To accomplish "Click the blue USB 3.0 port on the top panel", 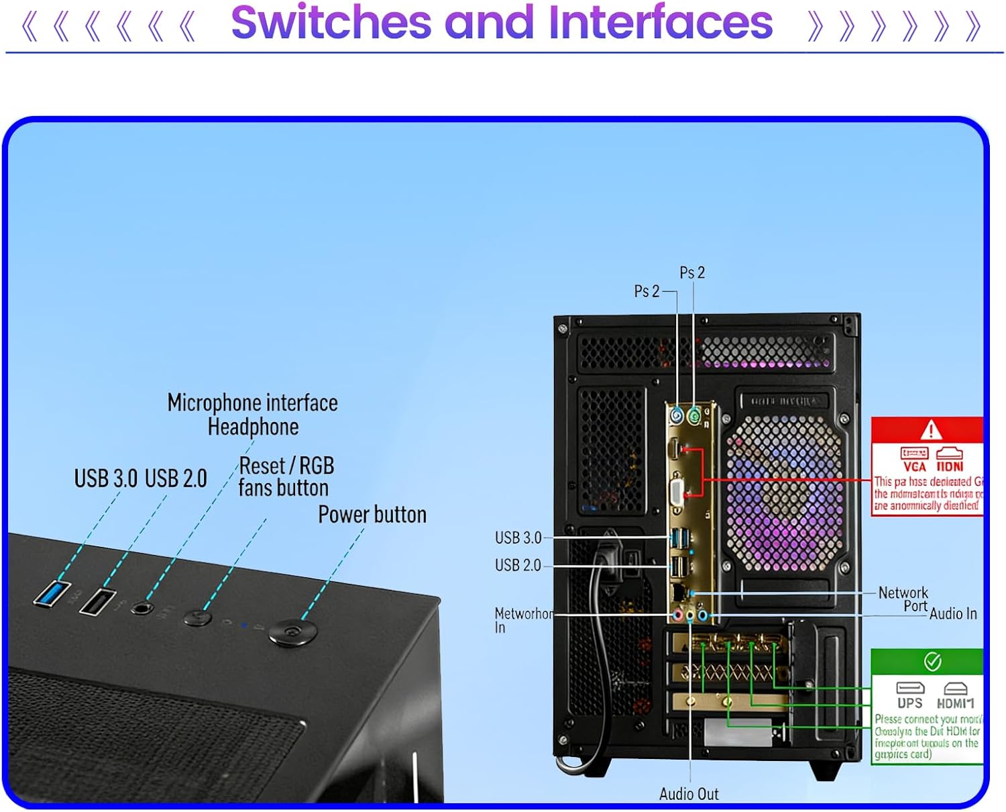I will [52, 594].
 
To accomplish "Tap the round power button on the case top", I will [292, 632].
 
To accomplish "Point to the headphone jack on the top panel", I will [142, 608].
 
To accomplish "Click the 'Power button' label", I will [372, 515].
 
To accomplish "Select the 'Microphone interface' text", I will [252, 403].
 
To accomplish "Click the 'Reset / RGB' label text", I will [286, 466].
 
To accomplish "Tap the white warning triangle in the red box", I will [931, 429].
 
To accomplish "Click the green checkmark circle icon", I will [932, 662].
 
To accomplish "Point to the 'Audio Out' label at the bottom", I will [689, 794].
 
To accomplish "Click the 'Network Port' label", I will [903, 599].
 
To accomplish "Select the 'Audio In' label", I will [952, 613].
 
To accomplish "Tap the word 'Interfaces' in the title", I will [661, 23].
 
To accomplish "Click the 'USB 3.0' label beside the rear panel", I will [518, 538].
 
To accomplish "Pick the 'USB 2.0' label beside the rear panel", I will [518, 565].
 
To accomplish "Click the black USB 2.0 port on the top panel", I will [97, 601].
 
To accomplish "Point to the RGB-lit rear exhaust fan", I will [784, 493].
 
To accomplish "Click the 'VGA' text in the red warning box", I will [914, 466].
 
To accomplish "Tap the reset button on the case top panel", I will [198, 617].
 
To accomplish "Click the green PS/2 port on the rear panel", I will [694, 417].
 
